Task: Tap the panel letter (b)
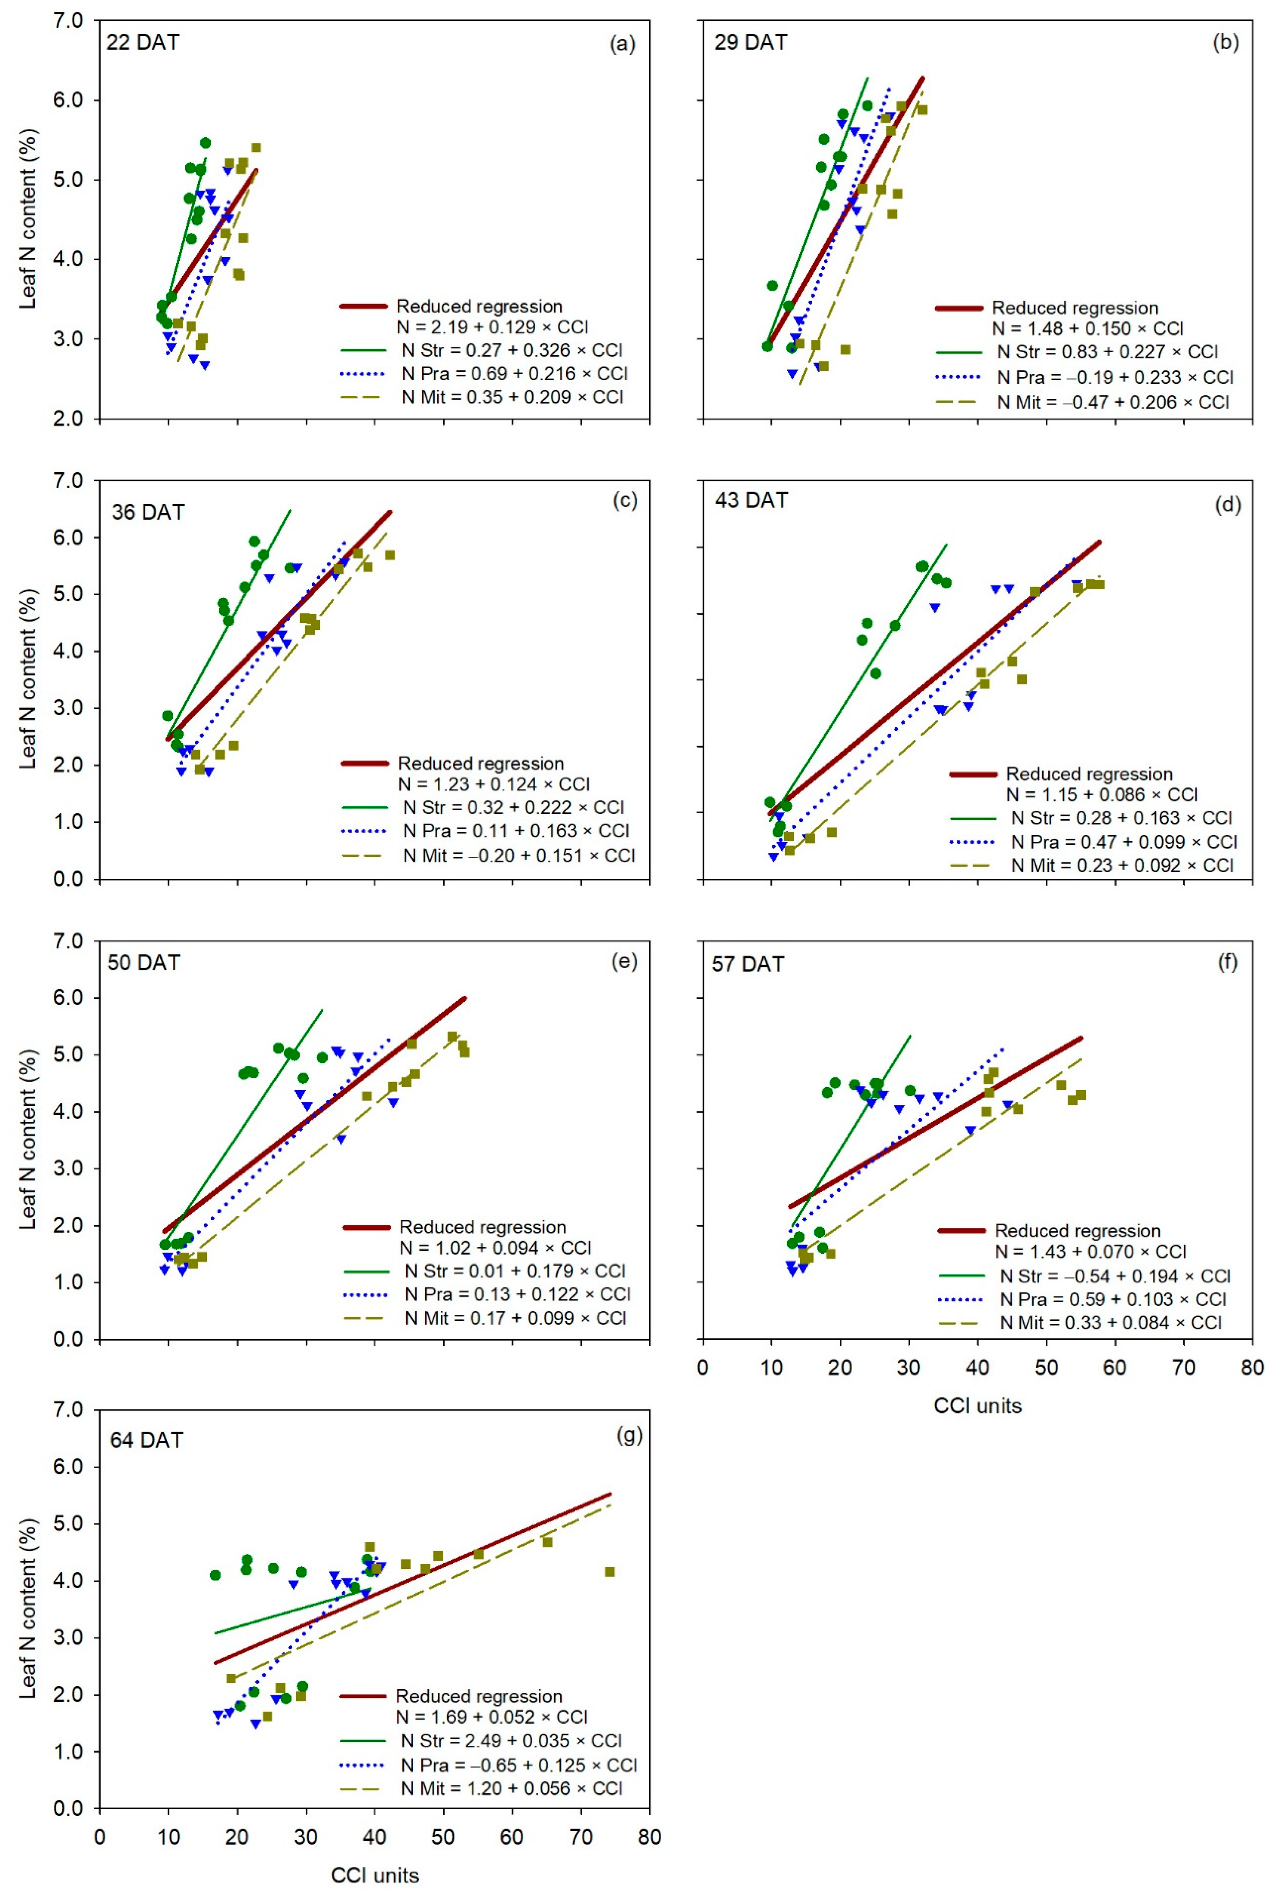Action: [x=1225, y=42]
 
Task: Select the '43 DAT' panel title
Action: [x=751, y=500]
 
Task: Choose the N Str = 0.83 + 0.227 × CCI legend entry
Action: [x=1108, y=352]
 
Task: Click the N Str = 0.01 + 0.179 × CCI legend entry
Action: [x=515, y=1271]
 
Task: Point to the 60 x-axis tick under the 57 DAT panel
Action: [x=1114, y=1368]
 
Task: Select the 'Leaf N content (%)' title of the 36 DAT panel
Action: [x=28, y=679]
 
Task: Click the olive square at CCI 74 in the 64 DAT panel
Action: [x=609, y=1571]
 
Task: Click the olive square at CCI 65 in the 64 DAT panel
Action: [x=547, y=1542]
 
